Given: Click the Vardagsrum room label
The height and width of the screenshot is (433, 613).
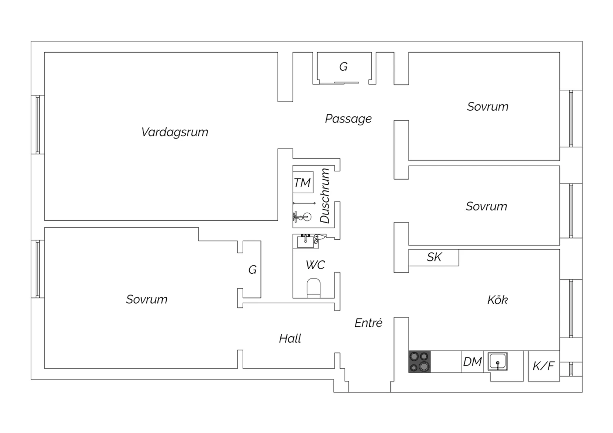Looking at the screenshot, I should point(175,132).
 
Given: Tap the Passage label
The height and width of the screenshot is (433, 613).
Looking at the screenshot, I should point(348,119).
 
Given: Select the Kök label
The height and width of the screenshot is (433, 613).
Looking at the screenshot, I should point(497,300).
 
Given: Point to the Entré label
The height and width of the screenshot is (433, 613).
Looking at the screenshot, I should point(368,323).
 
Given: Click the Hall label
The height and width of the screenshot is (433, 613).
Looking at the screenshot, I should point(290,338).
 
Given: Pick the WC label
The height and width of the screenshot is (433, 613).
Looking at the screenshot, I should point(315,265).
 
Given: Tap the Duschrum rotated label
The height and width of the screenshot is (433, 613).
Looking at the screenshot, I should point(325,196).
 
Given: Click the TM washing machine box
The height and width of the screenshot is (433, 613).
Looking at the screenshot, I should point(303,182).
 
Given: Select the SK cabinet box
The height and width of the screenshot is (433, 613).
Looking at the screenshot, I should point(434,257).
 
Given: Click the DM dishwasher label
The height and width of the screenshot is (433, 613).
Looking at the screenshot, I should point(472,362).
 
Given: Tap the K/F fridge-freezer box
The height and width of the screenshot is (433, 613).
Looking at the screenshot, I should point(544,366).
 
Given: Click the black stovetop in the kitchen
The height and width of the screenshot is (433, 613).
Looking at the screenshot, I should point(419,362).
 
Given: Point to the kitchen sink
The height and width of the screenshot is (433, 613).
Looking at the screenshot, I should point(498,362).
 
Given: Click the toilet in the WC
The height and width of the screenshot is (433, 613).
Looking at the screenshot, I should point(314,288).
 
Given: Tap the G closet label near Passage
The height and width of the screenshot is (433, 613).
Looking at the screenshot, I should point(343,66).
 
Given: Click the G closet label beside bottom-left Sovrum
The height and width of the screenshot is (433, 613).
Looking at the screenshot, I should point(253,270).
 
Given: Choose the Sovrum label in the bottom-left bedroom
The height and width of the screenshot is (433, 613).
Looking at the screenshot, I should point(147,299).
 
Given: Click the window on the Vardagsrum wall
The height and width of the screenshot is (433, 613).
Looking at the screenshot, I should point(38,124).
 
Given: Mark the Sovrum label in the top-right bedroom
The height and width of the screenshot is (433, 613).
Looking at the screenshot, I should point(488,107).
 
